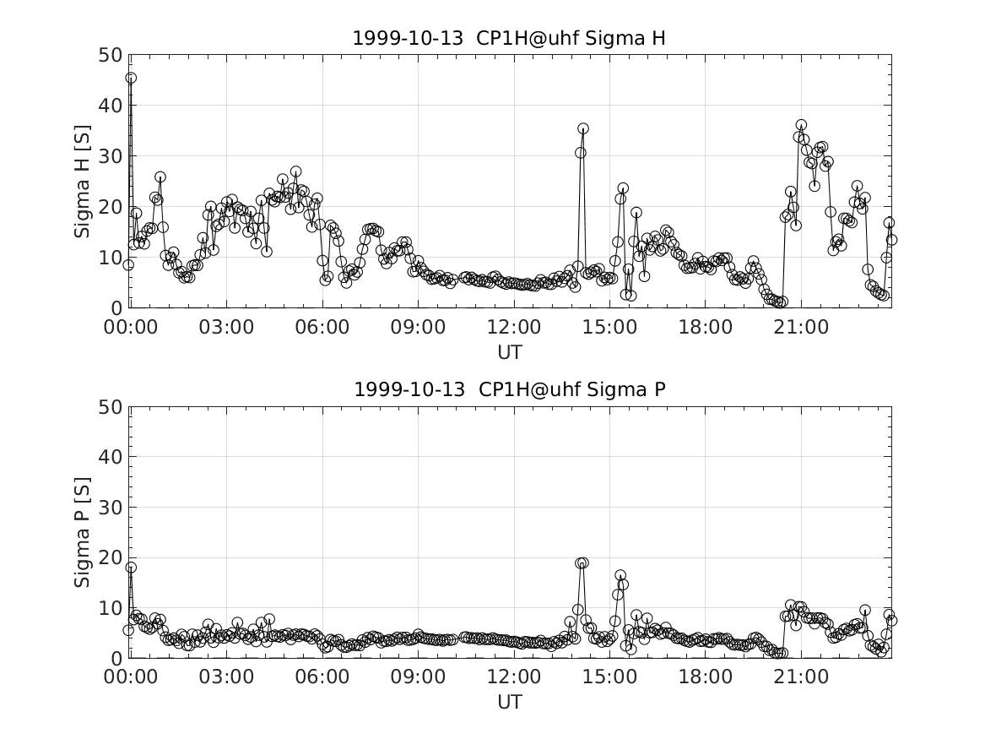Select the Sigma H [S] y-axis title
point(82,182)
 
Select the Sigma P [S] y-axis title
point(82,531)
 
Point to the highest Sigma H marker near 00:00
point(131,78)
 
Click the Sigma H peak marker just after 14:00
point(583,129)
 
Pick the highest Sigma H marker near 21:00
point(801,125)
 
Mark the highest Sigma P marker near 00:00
point(131,568)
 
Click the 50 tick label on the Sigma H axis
point(111,55)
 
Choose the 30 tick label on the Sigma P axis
point(111,507)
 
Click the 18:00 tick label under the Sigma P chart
point(706,677)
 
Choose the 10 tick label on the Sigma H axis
point(111,258)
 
